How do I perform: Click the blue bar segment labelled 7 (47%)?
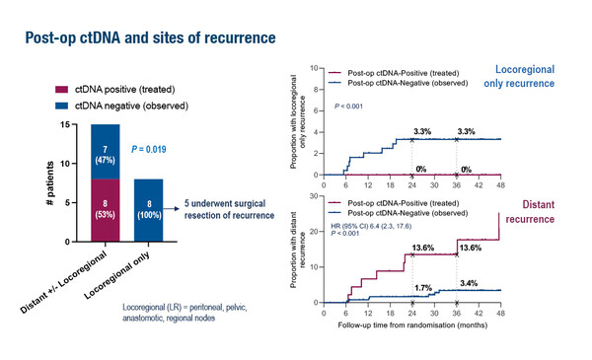[x=106, y=152]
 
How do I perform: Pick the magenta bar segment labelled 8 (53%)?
[x=106, y=209]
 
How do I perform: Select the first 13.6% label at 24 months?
[x=422, y=248]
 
